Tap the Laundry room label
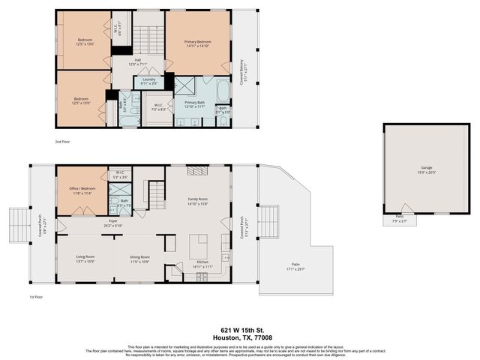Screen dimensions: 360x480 [148, 79]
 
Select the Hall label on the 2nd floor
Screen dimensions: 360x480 [138, 60]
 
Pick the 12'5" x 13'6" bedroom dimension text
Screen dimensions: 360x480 [83, 44]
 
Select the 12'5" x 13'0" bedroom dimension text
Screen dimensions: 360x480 [81, 103]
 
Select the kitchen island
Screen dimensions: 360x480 [198, 245]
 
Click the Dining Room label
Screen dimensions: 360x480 [140, 257]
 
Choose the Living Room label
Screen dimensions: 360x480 [85, 257]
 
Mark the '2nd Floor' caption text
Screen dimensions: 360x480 [62, 141]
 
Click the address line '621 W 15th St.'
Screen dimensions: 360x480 [239, 328]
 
